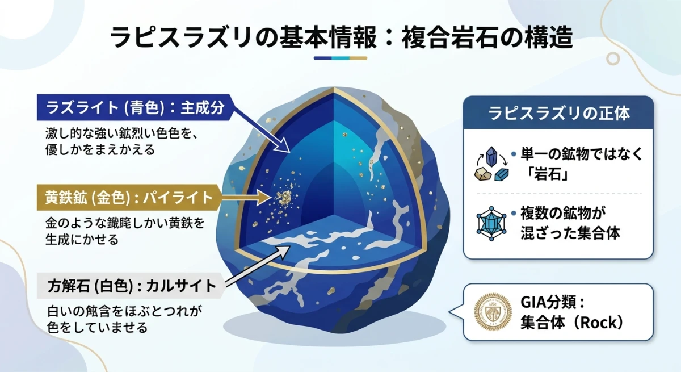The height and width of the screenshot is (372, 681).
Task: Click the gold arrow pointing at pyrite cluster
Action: (244, 198)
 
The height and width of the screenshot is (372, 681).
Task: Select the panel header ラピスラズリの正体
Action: (559, 112)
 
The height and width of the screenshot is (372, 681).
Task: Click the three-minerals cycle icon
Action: (491, 165)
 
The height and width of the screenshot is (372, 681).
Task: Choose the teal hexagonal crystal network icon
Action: (491, 223)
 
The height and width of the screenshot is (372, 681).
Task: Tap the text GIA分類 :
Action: (553, 302)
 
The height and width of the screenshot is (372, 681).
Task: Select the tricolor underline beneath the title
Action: (340, 58)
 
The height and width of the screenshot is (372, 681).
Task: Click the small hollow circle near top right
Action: (612, 58)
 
